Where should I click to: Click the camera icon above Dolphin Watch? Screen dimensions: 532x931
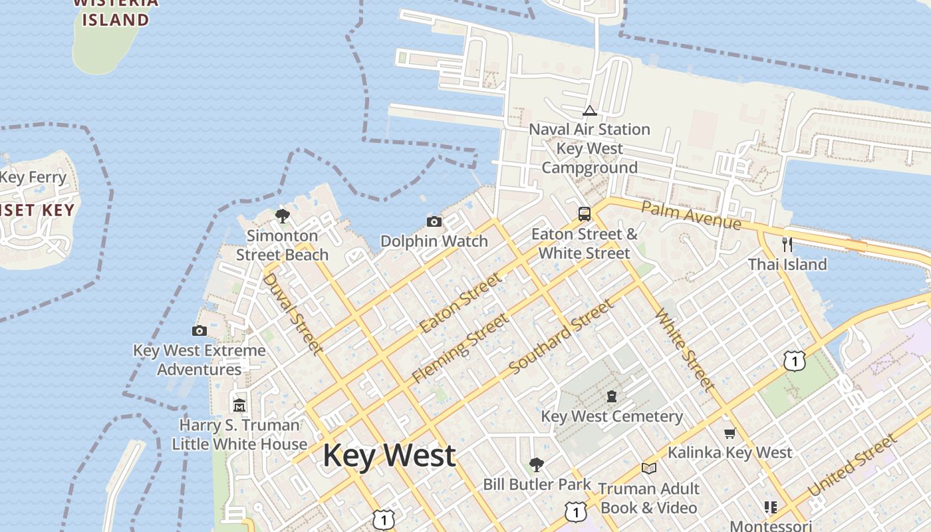[434, 221]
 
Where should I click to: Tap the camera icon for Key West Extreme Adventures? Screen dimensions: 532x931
[199, 331]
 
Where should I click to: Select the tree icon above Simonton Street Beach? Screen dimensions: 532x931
[282, 215]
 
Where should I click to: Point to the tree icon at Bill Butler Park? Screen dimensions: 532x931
[536, 464]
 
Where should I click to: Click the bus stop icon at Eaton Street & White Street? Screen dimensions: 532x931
[584, 213]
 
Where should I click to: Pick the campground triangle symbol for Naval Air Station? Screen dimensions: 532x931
[589, 110]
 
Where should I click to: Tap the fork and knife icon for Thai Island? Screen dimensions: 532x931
[787, 244]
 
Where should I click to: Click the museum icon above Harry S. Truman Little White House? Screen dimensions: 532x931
[239, 404]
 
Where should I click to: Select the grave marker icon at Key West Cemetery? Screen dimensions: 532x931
[611, 396]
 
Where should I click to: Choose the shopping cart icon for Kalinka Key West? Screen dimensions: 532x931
[730, 434]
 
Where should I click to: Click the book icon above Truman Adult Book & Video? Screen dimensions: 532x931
[648, 468]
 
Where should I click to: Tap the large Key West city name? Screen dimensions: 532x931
[389, 456]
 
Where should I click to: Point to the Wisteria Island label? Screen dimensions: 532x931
[115, 11]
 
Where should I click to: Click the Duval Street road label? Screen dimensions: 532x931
[293, 313]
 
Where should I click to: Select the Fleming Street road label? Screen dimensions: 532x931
[460, 348]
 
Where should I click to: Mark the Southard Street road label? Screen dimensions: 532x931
[560, 337]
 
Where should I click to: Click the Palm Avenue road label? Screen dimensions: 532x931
[691, 215]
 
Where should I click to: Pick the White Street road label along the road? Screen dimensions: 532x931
[685, 349]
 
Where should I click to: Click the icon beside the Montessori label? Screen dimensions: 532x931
[770, 507]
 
